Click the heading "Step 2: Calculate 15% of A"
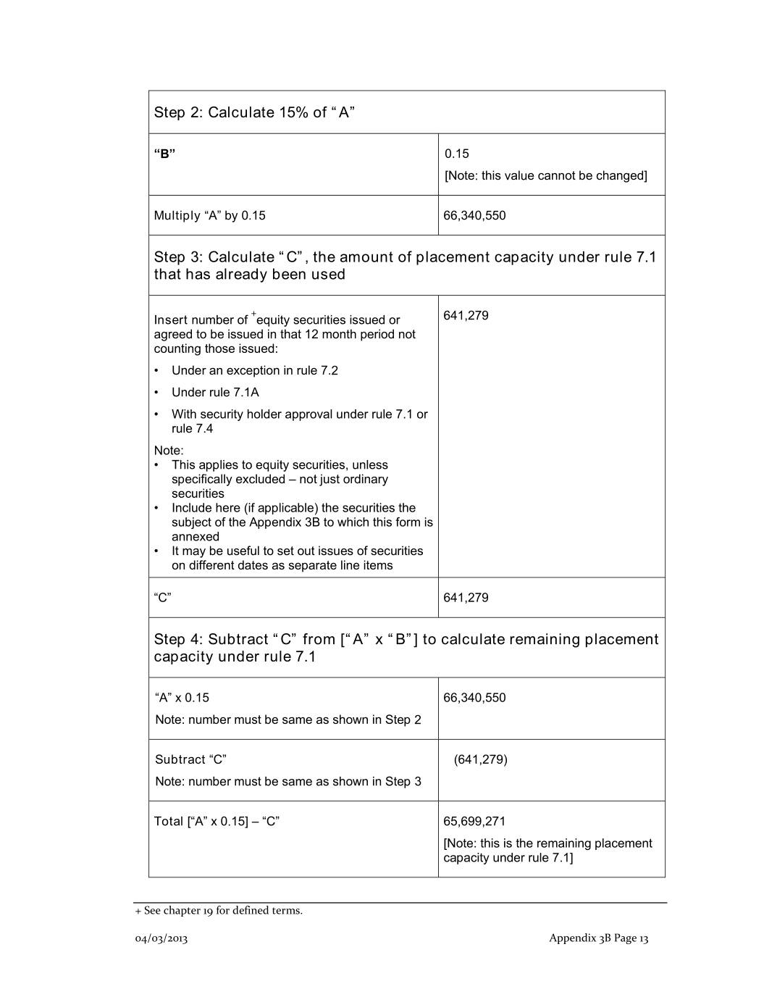[x=253, y=112]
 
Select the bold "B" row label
[x=164, y=154]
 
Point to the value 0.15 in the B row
[x=457, y=154]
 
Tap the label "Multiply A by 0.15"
[x=209, y=215]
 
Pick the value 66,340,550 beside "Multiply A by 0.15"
[x=474, y=215]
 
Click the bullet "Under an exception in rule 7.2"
[x=254, y=370]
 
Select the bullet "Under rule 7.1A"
[x=215, y=392]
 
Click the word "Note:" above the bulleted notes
[x=169, y=450]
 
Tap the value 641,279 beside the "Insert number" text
[x=466, y=315]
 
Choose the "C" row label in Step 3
[x=162, y=598]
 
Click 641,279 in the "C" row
[x=466, y=598]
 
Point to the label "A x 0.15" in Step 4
[x=182, y=698]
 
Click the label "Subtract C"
[x=190, y=759]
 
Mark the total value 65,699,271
[x=474, y=821]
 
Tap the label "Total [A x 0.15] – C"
[x=217, y=821]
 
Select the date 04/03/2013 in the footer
[x=161, y=938]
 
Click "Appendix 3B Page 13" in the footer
[x=598, y=938]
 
